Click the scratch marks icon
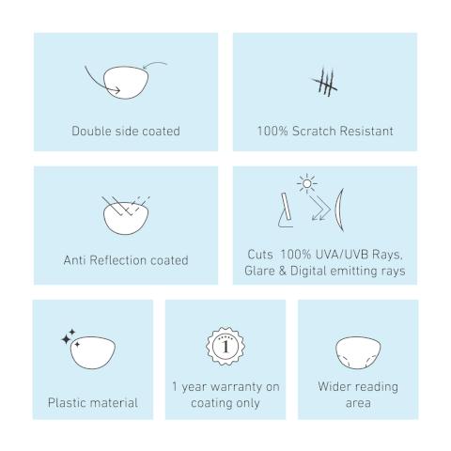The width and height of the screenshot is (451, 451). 325,82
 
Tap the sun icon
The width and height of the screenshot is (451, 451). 307,184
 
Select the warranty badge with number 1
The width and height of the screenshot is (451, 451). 225,347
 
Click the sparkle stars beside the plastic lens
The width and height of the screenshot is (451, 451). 70,337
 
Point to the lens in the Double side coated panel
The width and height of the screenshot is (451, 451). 126,83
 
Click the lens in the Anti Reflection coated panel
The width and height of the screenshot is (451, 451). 126,218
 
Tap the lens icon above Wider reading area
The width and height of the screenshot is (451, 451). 358,352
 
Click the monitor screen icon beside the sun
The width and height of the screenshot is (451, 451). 286,210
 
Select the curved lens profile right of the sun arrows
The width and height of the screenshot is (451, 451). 339,210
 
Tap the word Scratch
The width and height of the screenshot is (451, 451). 314,131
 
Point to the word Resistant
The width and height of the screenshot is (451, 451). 366,131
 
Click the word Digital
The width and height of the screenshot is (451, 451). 308,271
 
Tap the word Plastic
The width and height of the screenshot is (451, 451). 66,403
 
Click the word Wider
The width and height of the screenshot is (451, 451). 333,386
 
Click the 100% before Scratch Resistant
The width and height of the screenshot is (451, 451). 272,131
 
